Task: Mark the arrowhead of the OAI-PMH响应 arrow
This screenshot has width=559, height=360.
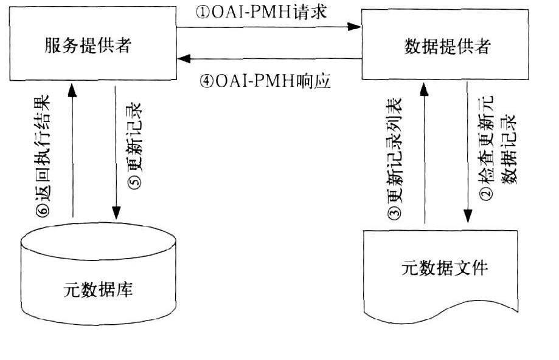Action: click(x=184, y=59)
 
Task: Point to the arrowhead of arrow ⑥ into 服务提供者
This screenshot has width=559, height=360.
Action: click(x=72, y=89)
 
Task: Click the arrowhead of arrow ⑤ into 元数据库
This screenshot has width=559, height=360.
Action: click(x=115, y=213)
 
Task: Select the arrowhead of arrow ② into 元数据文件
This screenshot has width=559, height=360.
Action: click(x=468, y=216)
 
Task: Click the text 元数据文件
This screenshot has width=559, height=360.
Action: click(x=446, y=268)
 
